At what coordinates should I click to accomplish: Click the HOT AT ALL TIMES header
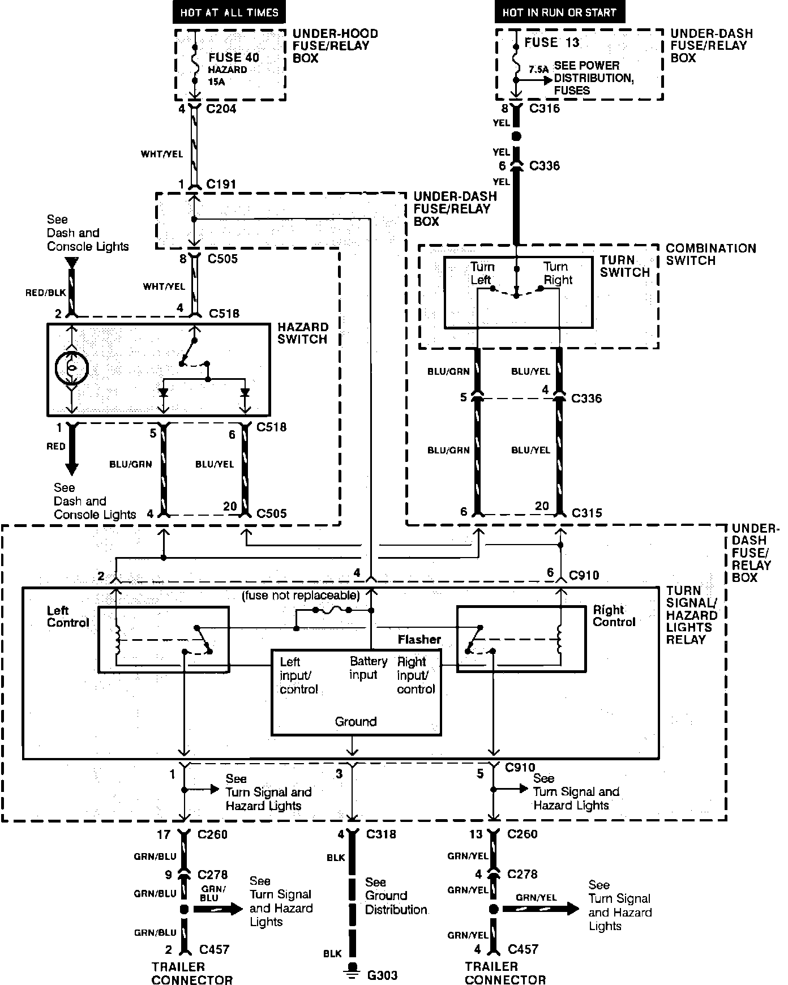click(x=229, y=12)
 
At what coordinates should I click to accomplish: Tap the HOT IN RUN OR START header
click(x=559, y=12)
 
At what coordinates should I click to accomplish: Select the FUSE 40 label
click(x=234, y=57)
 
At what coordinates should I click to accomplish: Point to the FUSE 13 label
click(x=552, y=42)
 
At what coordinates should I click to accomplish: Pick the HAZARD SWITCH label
click(x=303, y=333)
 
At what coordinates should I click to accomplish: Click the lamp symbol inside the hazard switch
click(x=71, y=368)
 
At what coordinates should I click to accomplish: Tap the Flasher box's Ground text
click(x=356, y=722)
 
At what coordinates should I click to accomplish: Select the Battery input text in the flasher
click(x=369, y=668)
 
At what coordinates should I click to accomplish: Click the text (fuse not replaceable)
click(x=301, y=596)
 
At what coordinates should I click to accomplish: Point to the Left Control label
click(x=68, y=616)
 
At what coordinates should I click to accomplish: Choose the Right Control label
click(x=614, y=616)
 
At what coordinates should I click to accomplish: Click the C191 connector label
click(x=221, y=184)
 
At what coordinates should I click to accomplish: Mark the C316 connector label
click(x=545, y=108)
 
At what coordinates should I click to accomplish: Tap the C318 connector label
click(x=382, y=834)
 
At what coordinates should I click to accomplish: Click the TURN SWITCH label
click(x=625, y=266)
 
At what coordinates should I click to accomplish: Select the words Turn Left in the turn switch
click(x=482, y=273)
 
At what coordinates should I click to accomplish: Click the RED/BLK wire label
click(x=45, y=293)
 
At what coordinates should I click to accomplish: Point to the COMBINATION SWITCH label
click(x=711, y=254)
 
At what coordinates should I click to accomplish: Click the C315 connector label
click(x=586, y=513)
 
